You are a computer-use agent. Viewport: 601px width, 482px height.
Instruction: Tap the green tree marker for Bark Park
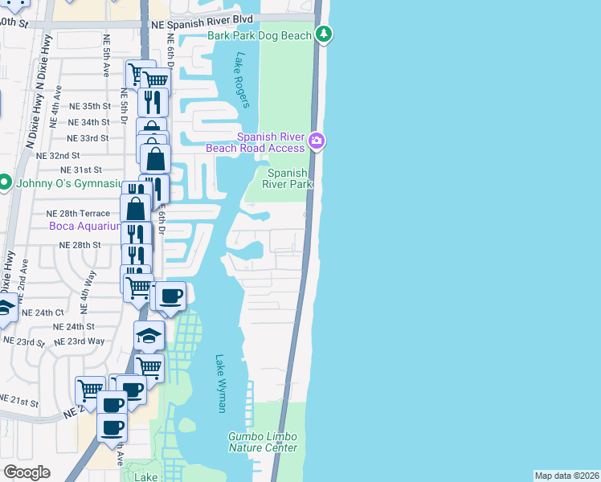pos(324,35)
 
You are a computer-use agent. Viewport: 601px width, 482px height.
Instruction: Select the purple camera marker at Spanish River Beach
pos(317,141)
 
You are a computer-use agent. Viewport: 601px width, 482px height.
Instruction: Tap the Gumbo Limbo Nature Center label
pos(263,442)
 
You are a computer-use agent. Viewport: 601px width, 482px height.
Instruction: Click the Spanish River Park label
pos(287,178)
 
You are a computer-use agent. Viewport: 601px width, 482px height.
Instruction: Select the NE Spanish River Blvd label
pos(202,18)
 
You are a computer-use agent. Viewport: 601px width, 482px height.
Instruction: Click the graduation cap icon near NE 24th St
pos(149,337)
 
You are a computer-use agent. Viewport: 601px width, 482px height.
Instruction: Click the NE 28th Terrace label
pos(77,213)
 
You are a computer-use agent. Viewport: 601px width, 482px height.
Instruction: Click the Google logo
pos(26,472)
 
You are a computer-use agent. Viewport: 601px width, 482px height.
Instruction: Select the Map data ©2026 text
pos(566,476)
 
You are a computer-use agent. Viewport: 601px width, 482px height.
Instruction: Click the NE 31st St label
pos(82,170)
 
